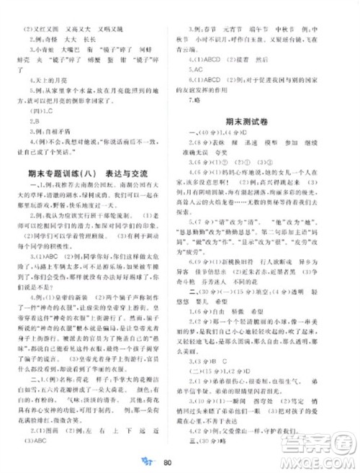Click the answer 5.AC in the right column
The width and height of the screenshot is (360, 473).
195,71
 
